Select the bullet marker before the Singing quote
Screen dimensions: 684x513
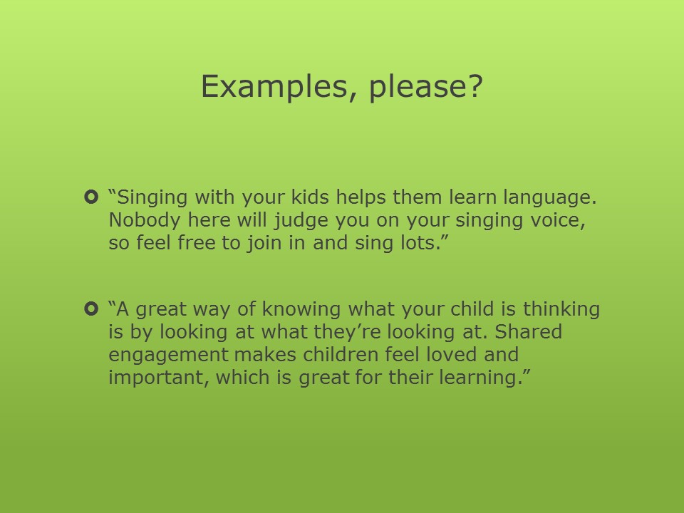(90, 197)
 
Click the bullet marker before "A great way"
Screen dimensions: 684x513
(90, 309)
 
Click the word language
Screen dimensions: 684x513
(549, 197)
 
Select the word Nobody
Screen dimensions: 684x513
(145, 220)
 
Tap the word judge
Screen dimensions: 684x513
(301, 221)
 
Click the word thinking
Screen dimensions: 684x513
(561, 310)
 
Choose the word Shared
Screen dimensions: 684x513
(528, 332)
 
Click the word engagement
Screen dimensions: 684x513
(168, 356)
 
